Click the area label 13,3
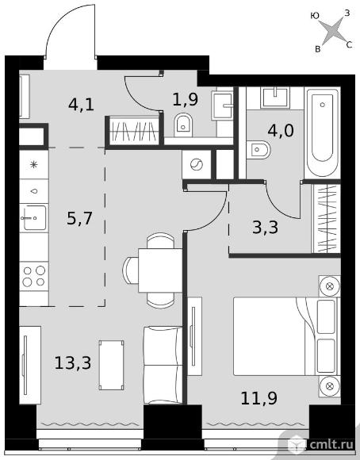(x=73, y=363)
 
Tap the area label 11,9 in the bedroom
(x=259, y=398)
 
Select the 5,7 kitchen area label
(x=79, y=218)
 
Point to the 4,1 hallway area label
(x=81, y=105)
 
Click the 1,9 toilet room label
(x=185, y=99)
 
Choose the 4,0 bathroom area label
(x=281, y=130)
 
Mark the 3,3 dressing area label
(x=265, y=227)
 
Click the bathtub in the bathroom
(x=323, y=132)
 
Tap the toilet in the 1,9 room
(x=183, y=125)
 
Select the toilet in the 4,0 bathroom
(x=259, y=150)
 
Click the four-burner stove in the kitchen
(x=34, y=276)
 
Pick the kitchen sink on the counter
(x=33, y=217)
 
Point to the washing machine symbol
(x=197, y=164)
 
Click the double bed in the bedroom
(x=286, y=336)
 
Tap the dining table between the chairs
(x=160, y=270)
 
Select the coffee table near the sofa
(x=111, y=365)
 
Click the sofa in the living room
(x=163, y=365)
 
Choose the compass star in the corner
(x=331, y=31)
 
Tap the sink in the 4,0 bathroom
(x=275, y=97)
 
